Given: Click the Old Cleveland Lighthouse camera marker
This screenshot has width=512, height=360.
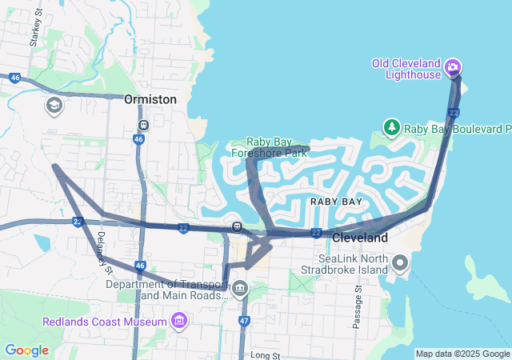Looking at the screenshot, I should point(453,66).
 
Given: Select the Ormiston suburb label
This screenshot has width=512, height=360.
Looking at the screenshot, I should point(150,99).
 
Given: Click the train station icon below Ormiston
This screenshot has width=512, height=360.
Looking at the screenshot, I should point(142,125).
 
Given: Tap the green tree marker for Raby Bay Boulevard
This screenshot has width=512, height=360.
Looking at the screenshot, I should point(391,127).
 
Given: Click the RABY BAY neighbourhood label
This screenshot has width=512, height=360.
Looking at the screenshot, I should point(336,202).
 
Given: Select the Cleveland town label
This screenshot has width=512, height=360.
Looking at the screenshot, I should point(359,238).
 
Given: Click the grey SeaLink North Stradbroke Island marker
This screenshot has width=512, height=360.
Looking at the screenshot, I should point(401,262).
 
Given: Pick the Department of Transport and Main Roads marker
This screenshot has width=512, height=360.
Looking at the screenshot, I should point(241,287).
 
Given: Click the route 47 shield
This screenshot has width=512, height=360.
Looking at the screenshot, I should point(243,320).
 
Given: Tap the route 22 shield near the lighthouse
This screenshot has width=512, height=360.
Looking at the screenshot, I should point(454,113).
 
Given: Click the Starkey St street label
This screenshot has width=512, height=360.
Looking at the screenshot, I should point(34,35).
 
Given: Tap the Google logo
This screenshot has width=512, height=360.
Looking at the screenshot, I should point(26,350).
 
